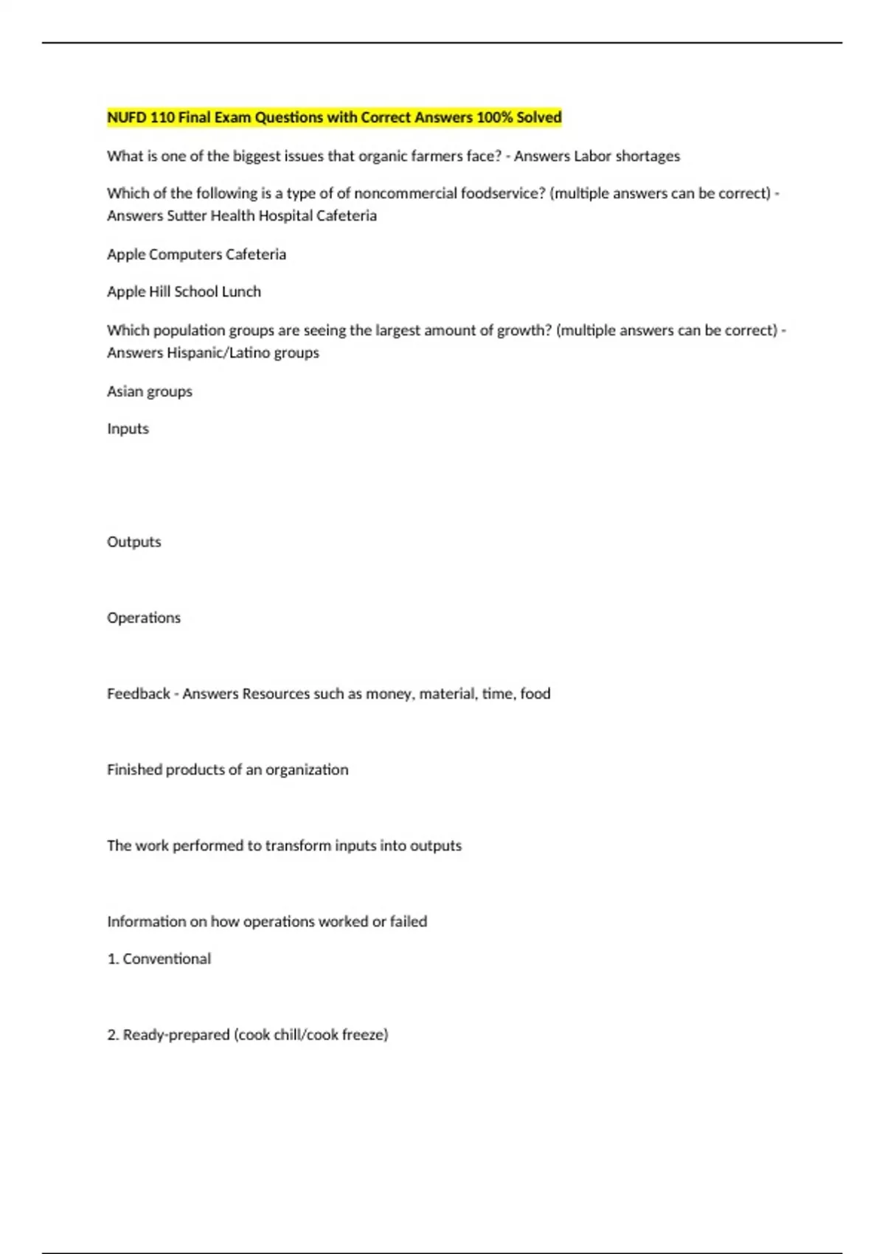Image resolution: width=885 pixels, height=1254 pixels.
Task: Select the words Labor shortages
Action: pos(627,156)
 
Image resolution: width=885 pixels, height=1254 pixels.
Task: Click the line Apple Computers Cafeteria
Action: pos(196,254)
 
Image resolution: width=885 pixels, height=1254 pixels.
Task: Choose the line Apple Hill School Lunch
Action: pos(184,291)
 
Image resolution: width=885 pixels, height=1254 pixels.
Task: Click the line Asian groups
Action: pos(150,392)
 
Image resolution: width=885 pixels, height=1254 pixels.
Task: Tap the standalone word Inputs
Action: pos(128,429)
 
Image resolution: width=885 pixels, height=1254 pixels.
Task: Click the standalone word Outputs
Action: pos(133,541)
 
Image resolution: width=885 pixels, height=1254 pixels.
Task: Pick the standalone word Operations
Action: pos(144,617)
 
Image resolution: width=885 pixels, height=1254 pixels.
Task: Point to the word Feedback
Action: pos(139,693)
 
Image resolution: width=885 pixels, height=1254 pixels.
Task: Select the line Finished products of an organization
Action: pos(227,769)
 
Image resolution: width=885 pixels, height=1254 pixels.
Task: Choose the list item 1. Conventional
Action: pos(159,959)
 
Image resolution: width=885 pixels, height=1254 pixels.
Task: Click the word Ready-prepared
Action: pos(176,1035)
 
